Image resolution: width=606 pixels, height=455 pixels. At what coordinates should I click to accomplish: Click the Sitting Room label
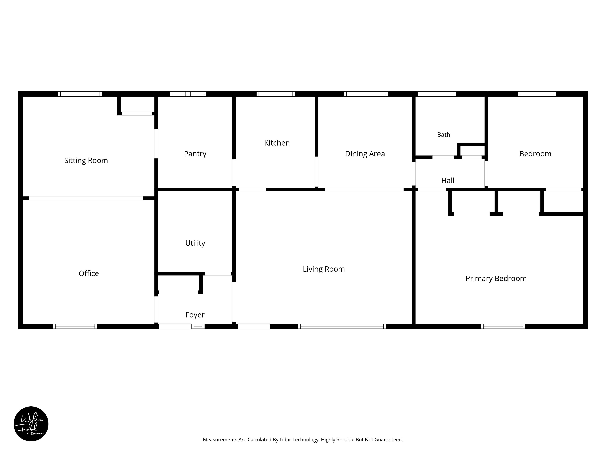[86, 161]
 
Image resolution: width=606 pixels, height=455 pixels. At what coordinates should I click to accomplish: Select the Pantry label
[195, 154]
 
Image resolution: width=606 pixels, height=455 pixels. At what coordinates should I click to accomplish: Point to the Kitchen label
[277, 143]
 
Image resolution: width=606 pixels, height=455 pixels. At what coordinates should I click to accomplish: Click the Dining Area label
[365, 154]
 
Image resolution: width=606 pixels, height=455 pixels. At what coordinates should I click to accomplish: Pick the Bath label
[444, 135]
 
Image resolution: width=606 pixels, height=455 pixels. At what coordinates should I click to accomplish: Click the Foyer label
[195, 315]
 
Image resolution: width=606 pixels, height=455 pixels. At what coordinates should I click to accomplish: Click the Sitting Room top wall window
[80, 94]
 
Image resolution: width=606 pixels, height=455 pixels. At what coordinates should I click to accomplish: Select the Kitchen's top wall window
[276, 94]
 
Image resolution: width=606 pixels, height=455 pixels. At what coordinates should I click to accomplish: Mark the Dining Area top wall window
[366, 94]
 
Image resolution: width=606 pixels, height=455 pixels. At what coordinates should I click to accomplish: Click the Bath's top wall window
[437, 94]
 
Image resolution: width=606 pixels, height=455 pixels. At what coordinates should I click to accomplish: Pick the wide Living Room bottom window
[342, 326]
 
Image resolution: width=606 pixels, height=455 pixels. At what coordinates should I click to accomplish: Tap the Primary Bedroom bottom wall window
[503, 326]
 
